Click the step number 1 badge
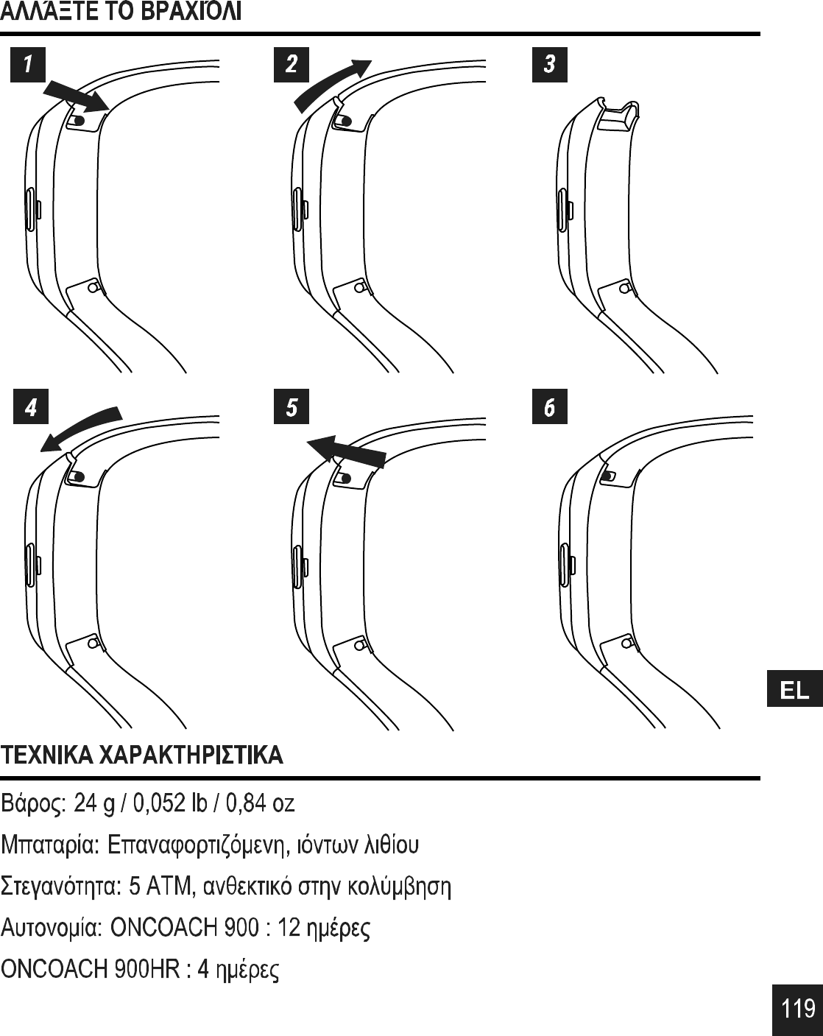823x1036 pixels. pos(27,64)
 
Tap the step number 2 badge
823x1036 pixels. pos(292,64)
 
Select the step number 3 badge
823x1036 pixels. pos(549,64)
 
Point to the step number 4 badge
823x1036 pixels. pos(31,407)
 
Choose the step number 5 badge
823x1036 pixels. pos(292,407)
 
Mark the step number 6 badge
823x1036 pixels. pos(549,407)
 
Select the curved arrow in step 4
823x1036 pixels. pos(80,428)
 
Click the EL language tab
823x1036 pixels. pos(794,690)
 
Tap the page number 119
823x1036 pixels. pos(798,1007)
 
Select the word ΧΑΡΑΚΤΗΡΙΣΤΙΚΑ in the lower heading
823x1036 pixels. pos(191,755)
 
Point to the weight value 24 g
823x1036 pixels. pos(99,803)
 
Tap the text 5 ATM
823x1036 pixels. pos(160,885)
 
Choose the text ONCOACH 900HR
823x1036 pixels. pos(91,969)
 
